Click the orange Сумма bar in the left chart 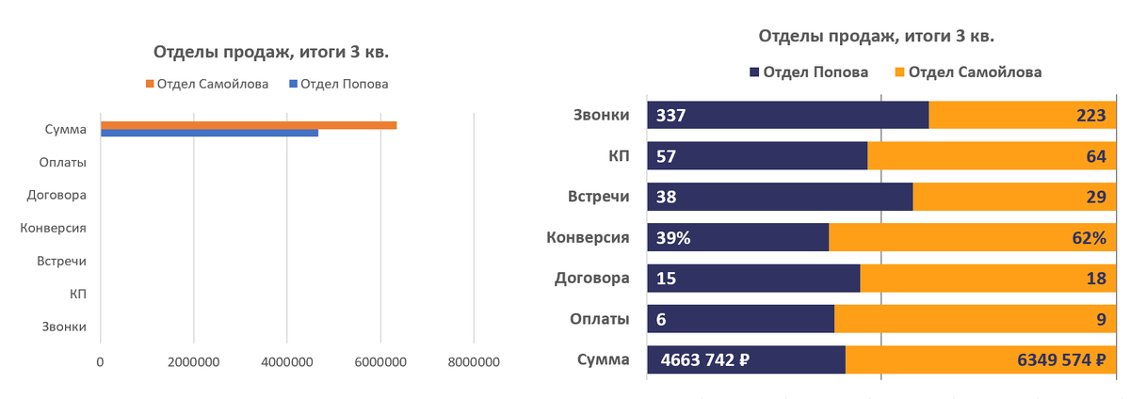tap(249, 125)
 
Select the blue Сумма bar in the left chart tap(209, 134)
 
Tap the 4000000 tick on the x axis tap(286, 361)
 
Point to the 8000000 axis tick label tap(473, 361)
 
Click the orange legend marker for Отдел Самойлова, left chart tap(150, 84)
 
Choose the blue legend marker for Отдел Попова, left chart tap(293, 84)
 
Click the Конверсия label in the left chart tap(54, 228)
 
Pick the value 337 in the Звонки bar tap(671, 116)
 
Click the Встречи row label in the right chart tap(598, 198)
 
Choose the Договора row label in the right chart tap(592, 279)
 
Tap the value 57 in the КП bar tap(667, 157)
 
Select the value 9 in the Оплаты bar tap(1101, 320)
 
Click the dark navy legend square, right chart tap(754, 72)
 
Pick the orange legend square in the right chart tap(898, 72)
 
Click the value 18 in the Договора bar tap(1096, 279)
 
